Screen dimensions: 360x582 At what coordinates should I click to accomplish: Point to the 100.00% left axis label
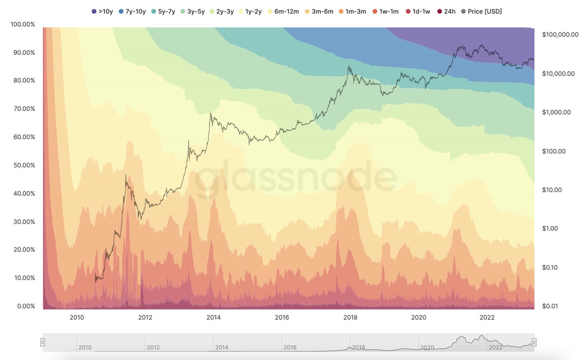point(22,24)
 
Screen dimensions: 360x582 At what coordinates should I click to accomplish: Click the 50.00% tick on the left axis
point(22,165)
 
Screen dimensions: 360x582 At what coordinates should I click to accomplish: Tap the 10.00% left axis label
point(22,278)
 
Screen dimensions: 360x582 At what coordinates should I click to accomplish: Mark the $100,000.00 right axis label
point(560,34)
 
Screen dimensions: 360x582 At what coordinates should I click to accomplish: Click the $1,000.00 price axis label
point(556,112)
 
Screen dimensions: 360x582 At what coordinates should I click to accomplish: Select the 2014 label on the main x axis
point(213,318)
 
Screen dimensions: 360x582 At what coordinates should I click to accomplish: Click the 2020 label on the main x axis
point(419,318)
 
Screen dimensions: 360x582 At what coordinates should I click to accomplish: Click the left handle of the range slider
point(43,342)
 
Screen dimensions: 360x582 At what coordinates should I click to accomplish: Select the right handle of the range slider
point(534,342)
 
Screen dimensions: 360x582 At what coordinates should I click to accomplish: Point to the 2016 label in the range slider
point(290,347)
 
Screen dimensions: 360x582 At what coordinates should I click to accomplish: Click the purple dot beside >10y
point(94,11)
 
